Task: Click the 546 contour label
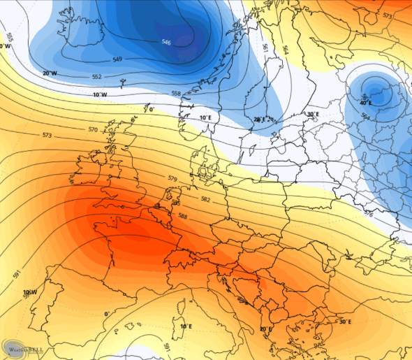(166, 43)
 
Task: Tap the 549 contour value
(117, 59)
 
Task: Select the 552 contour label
(97, 77)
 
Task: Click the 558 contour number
(176, 93)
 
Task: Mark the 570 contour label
(93, 129)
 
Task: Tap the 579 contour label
(172, 179)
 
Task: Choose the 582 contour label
(205, 199)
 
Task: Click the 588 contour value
(183, 216)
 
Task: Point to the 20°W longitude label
(50, 73)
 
